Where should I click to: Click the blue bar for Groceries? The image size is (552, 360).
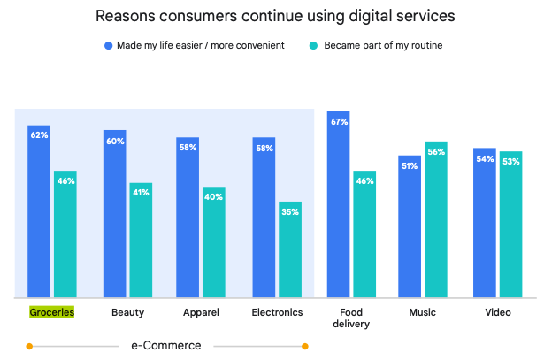click(x=38, y=212)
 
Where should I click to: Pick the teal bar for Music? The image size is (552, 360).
click(x=435, y=220)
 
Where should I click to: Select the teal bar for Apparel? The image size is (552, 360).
click(x=213, y=242)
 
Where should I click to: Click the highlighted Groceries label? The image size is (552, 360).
click(x=51, y=312)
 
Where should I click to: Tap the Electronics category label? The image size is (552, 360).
click(x=277, y=312)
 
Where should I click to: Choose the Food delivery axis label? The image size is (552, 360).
click(x=350, y=318)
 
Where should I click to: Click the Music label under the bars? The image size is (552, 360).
click(x=422, y=312)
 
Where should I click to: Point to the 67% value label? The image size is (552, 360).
click(x=338, y=122)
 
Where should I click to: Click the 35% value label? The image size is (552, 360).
click(x=290, y=212)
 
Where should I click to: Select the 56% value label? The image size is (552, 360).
click(x=435, y=152)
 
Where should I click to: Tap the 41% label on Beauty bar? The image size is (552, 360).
click(x=141, y=193)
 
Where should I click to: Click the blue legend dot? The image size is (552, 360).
click(x=107, y=45)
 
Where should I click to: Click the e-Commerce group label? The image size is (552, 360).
click(x=166, y=345)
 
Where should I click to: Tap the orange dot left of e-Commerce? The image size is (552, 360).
click(x=30, y=346)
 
